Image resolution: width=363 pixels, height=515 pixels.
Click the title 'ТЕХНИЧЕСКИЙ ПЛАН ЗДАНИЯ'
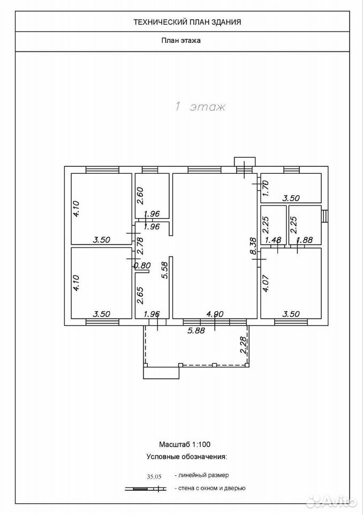pyautogui.click(x=187, y=22)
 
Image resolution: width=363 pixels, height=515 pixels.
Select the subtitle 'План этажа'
pyautogui.click(x=180, y=41)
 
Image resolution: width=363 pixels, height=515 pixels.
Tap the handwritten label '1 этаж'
pyautogui.click(x=200, y=107)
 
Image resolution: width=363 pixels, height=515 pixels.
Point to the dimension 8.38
pyautogui.click(x=253, y=247)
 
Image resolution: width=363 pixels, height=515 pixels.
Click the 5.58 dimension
pyautogui.click(x=165, y=270)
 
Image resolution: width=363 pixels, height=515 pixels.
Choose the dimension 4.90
pyautogui.click(x=215, y=314)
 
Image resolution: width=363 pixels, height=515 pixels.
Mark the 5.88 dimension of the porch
pyautogui.click(x=196, y=330)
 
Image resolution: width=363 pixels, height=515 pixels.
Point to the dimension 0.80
pyautogui.click(x=142, y=266)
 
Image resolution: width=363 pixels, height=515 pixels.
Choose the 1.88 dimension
pyautogui.click(x=304, y=240)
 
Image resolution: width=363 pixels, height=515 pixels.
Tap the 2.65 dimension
pyautogui.click(x=140, y=296)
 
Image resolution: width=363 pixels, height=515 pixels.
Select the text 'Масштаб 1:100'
pyautogui.click(x=185, y=444)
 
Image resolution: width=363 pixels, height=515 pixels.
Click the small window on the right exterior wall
pyautogui.click(x=324, y=216)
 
